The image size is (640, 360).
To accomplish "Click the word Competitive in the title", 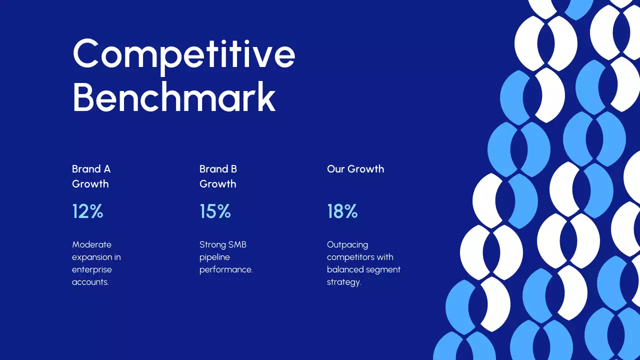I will (x=183, y=54).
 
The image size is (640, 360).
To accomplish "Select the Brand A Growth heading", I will (x=91, y=176).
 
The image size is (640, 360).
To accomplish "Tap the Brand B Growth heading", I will (x=218, y=176).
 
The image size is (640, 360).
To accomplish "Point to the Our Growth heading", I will (x=355, y=169).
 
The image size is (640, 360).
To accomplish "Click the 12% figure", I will (x=87, y=211).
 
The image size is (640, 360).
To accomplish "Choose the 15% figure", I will (x=215, y=211).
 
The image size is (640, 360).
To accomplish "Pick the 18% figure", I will (x=342, y=211).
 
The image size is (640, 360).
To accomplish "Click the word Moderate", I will (x=91, y=244).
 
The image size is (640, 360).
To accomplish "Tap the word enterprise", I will (x=91, y=269).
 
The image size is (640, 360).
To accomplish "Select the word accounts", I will (x=90, y=282).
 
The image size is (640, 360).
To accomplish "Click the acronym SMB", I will (x=237, y=244).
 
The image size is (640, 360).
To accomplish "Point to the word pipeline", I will (x=214, y=257).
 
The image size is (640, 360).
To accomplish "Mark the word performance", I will (x=226, y=269).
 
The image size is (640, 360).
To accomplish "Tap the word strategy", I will (x=343, y=282).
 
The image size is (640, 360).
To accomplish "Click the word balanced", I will (x=344, y=269).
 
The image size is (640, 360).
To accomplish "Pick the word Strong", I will (x=212, y=244).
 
